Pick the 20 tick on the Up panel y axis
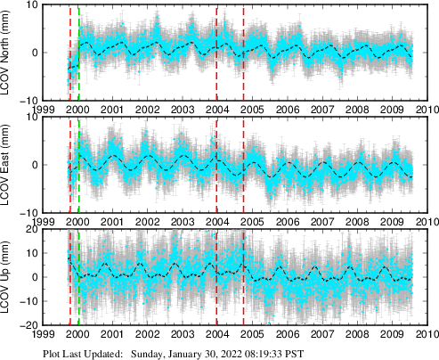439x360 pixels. coord(33,230)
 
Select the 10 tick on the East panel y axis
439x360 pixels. coord(33,118)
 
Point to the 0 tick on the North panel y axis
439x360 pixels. coord(36,52)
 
